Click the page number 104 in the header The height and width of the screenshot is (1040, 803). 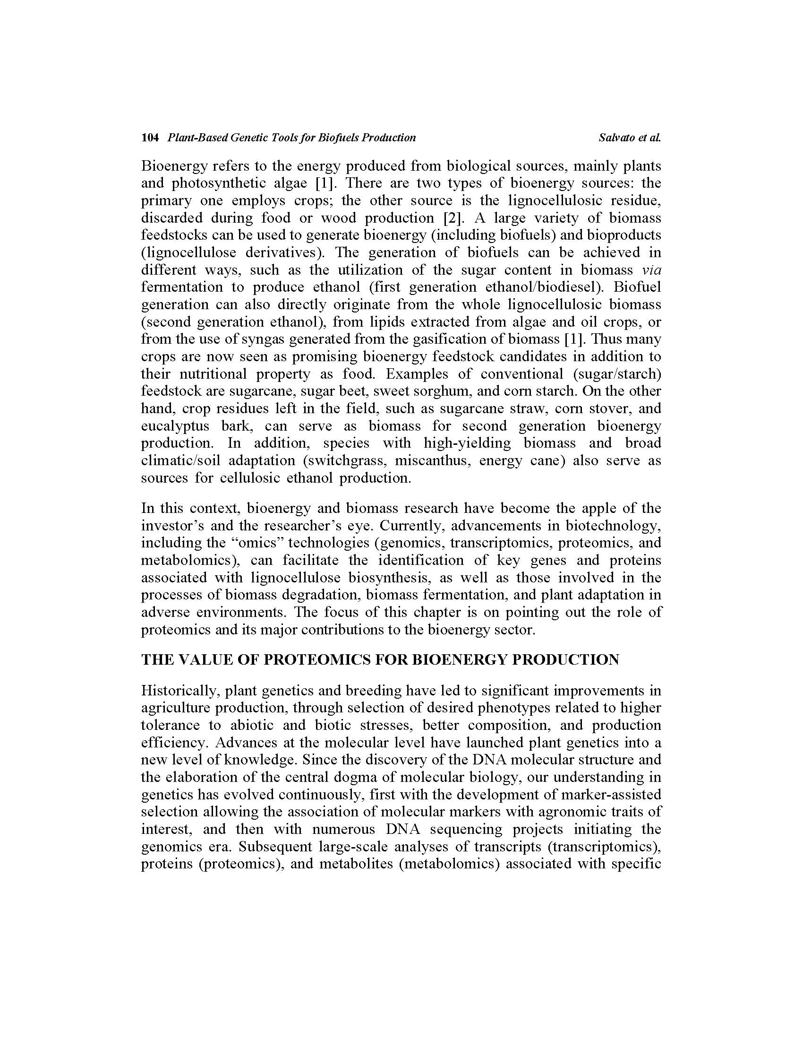(x=149, y=138)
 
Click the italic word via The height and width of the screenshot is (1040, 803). (x=651, y=270)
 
